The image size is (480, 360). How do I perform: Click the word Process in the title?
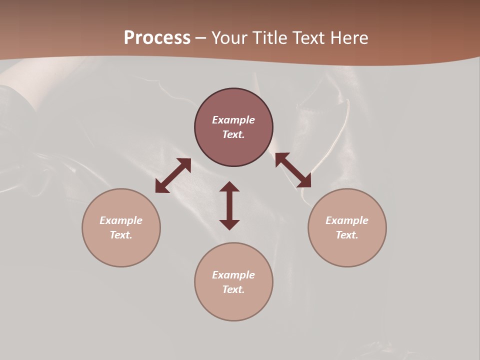pyautogui.click(x=157, y=37)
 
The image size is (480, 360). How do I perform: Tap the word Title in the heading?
pyautogui.click(x=271, y=37)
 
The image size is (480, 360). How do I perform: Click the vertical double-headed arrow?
pyautogui.click(x=229, y=205)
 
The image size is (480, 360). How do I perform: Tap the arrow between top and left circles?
pyautogui.click(x=173, y=175)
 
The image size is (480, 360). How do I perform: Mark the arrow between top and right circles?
pyautogui.click(x=293, y=170)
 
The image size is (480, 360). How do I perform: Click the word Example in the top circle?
pyautogui.click(x=233, y=120)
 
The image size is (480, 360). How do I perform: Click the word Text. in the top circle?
pyautogui.click(x=233, y=134)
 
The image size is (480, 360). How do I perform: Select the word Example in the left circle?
pyautogui.click(x=121, y=220)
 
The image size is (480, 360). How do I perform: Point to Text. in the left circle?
pyautogui.click(x=121, y=235)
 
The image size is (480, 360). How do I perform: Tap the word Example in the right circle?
pyautogui.click(x=347, y=220)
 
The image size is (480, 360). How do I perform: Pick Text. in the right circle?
pyautogui.click(x=347, y=235)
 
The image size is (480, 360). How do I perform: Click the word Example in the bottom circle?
pyautogui.click(x=233, y=275)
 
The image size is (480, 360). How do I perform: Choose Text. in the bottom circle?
pyautogui.click(x=233, y=289)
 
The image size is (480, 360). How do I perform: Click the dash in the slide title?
pyautogui.click(x=201, y=38)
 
